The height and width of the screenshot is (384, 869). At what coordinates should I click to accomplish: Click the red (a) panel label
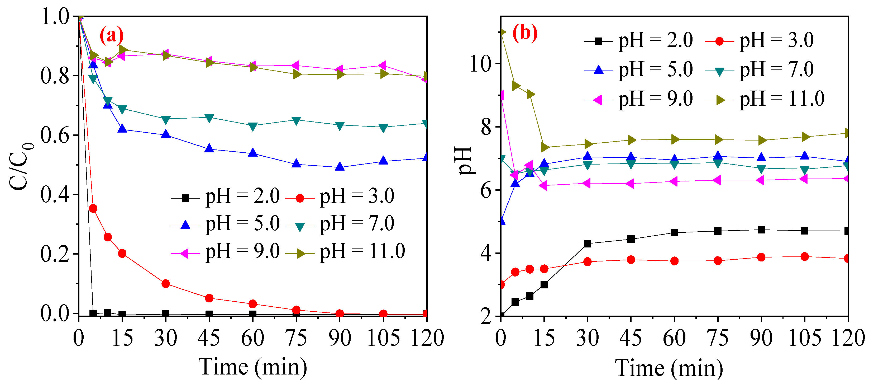111,35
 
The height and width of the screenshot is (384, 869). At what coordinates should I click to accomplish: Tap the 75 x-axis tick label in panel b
718,338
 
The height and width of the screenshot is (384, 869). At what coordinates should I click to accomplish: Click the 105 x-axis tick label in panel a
383,338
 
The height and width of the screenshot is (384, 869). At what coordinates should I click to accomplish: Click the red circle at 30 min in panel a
166,284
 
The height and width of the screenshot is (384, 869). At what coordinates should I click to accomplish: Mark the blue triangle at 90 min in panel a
340,167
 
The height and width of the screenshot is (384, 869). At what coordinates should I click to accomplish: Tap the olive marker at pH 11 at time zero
502,32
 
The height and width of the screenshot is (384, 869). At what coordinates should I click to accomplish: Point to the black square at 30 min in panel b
587,243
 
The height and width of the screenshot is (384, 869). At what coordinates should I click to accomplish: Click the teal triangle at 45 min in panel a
209,118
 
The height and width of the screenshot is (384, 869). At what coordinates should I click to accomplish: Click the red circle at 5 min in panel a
93,209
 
